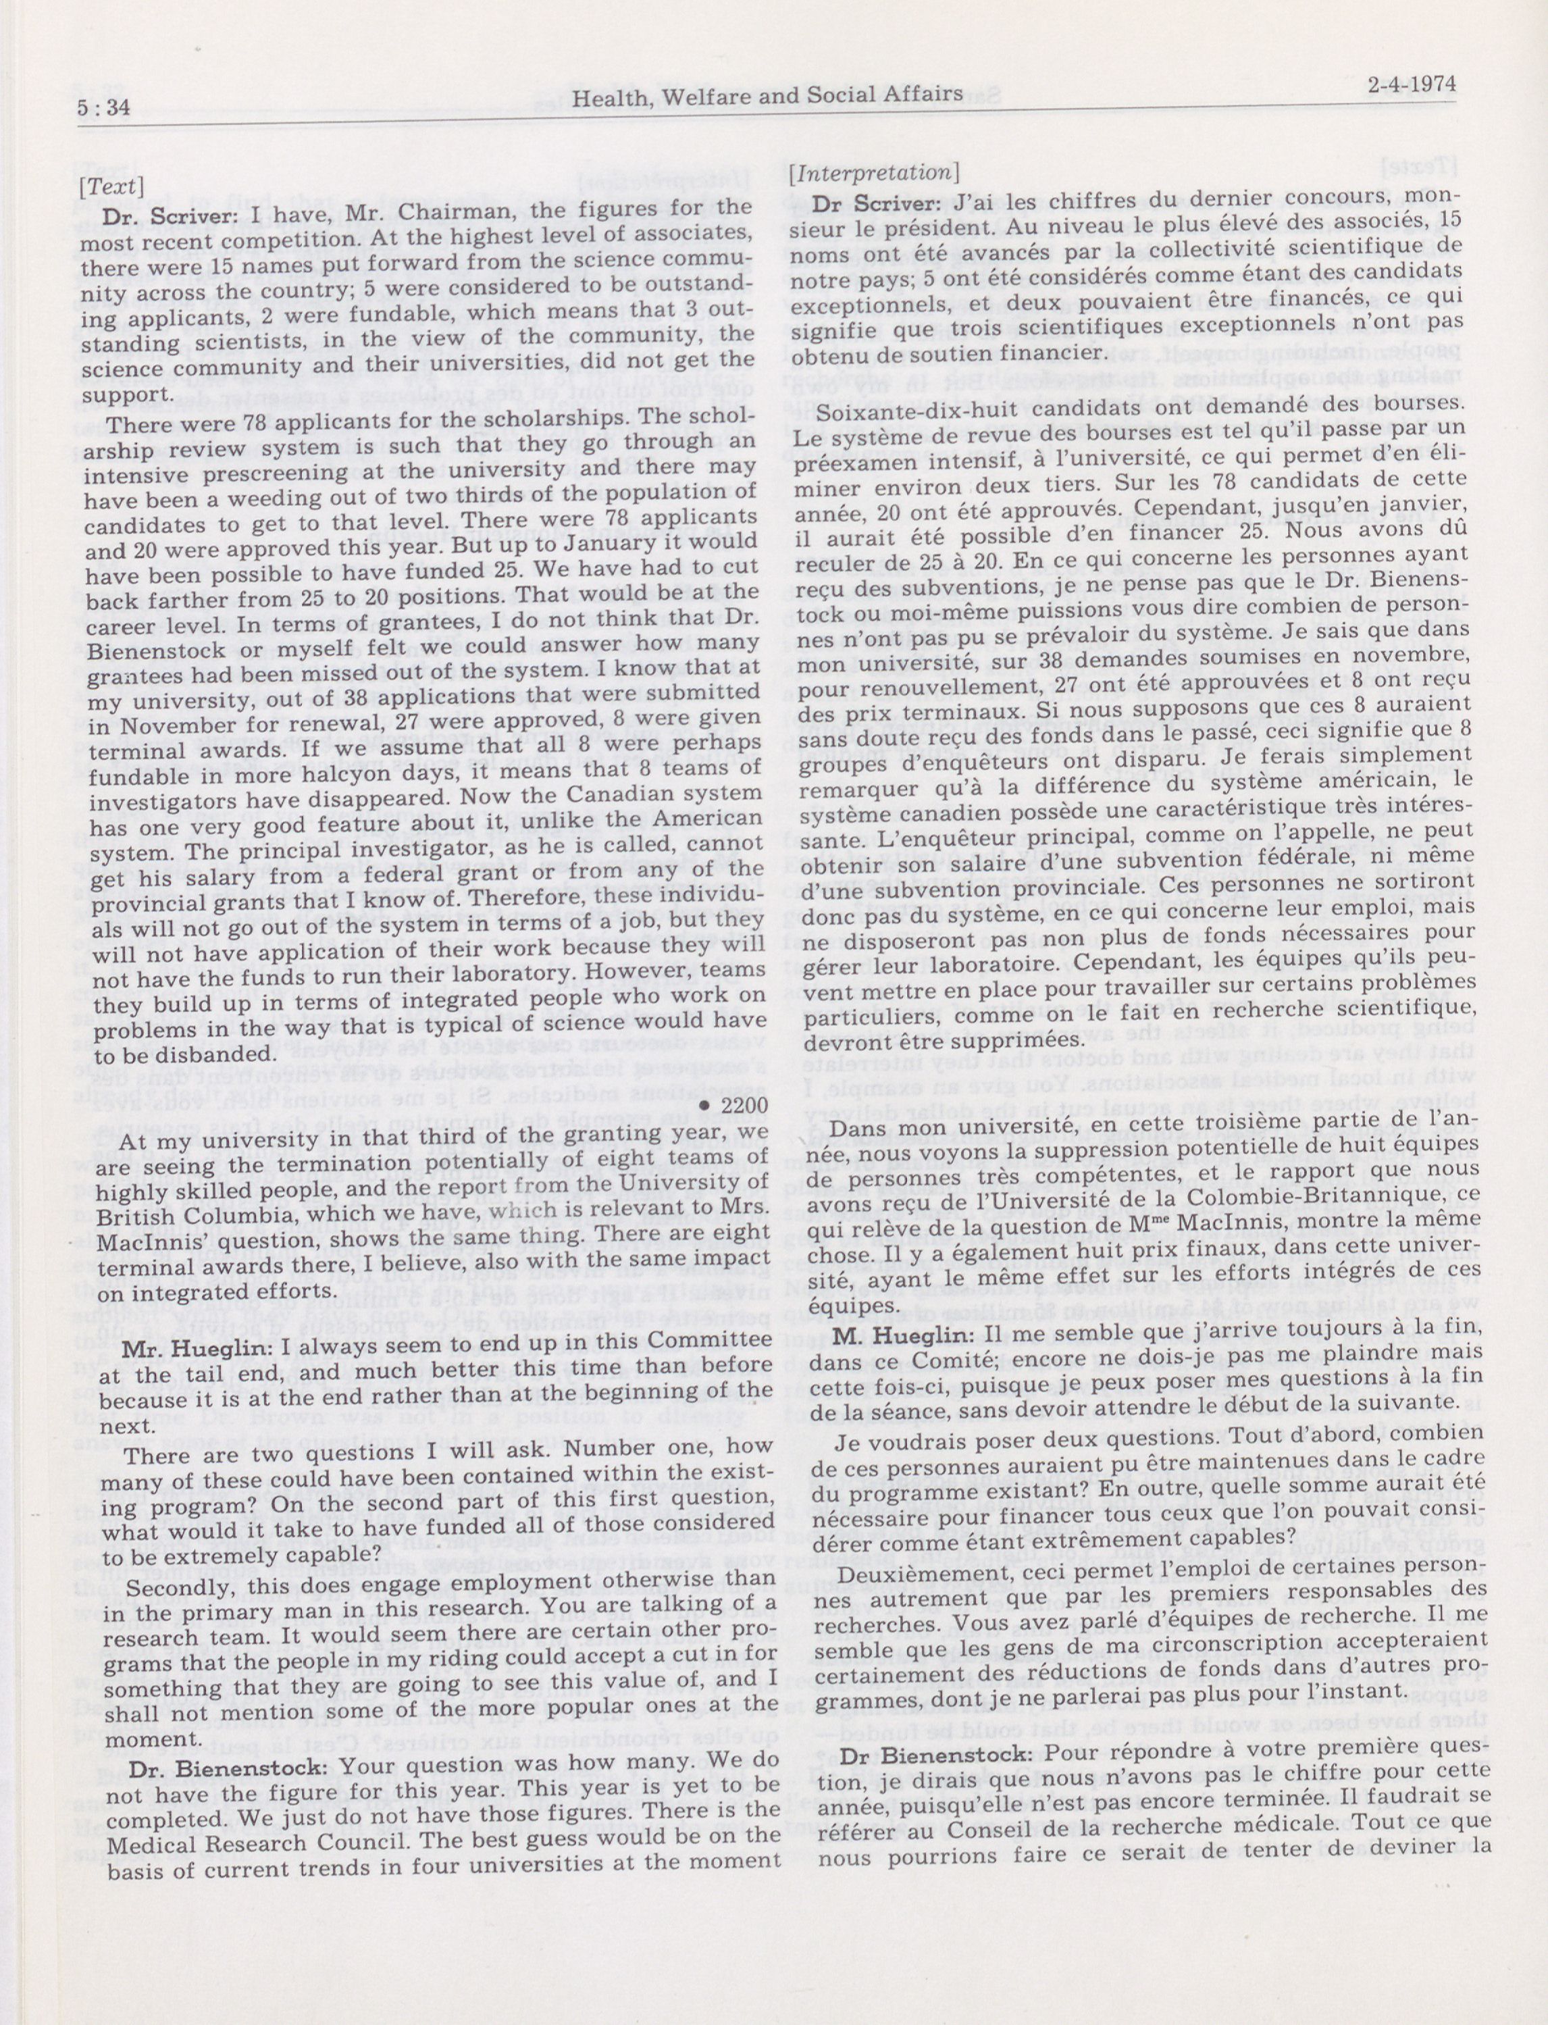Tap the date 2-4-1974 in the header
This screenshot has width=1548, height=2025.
point(1412,86)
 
